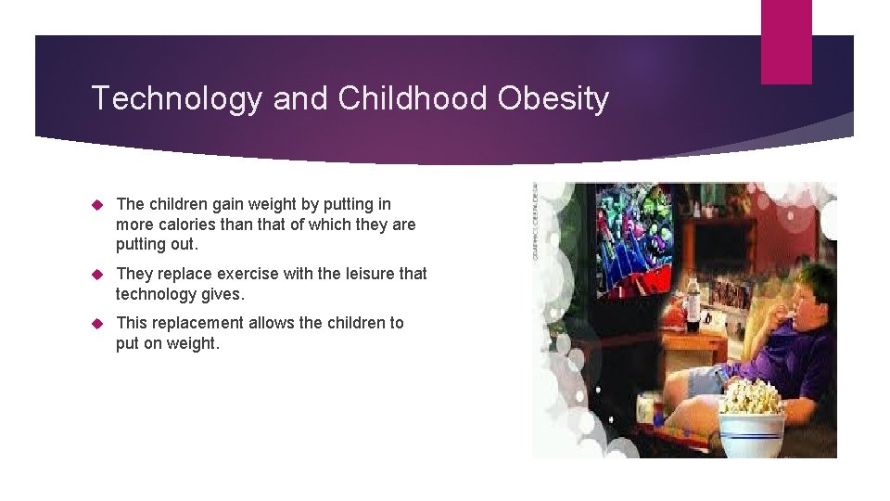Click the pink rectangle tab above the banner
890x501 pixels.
(786, 42)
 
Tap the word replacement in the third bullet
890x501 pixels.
(196, 323)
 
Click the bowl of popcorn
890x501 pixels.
(751, 413)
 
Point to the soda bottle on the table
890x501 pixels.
(693, 302)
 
